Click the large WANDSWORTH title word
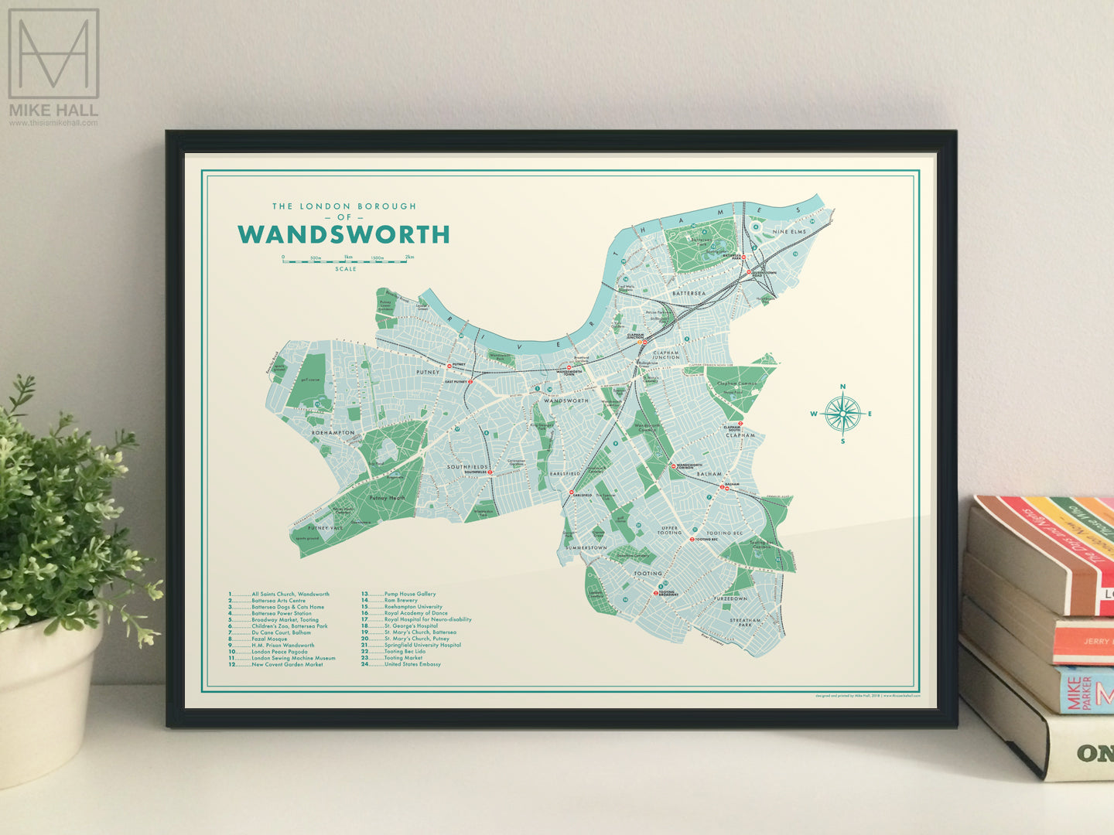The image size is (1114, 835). click(x=343, y=234)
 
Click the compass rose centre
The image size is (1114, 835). click(x=842, y=414)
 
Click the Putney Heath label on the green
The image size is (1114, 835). click(x=387, y=498)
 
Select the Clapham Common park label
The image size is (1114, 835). click(x=736, y=383)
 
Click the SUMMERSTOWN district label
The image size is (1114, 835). click(x=586, y=547)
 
